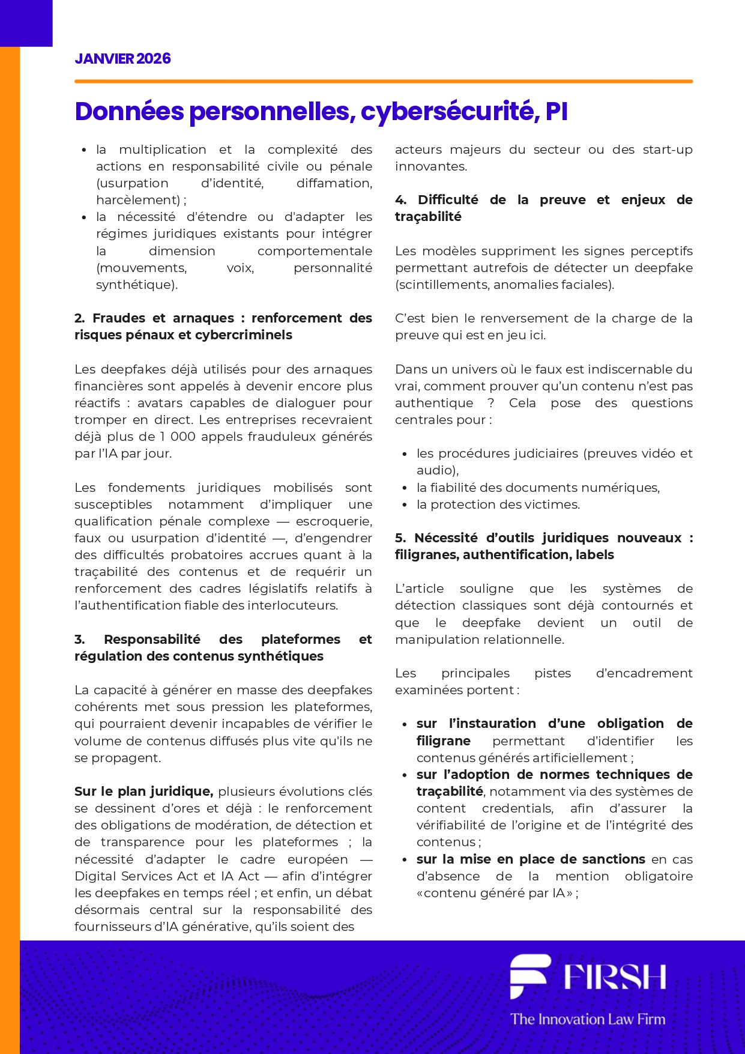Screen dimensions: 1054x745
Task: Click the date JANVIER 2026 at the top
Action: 122,59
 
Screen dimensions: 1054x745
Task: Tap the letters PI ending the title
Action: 556,112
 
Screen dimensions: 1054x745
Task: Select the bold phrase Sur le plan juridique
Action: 143,792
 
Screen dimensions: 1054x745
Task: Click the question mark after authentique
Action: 490,403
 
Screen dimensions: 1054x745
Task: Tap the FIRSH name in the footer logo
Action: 615,977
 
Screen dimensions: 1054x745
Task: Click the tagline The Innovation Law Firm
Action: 588,1019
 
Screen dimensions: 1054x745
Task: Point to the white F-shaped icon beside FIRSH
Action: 529,975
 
